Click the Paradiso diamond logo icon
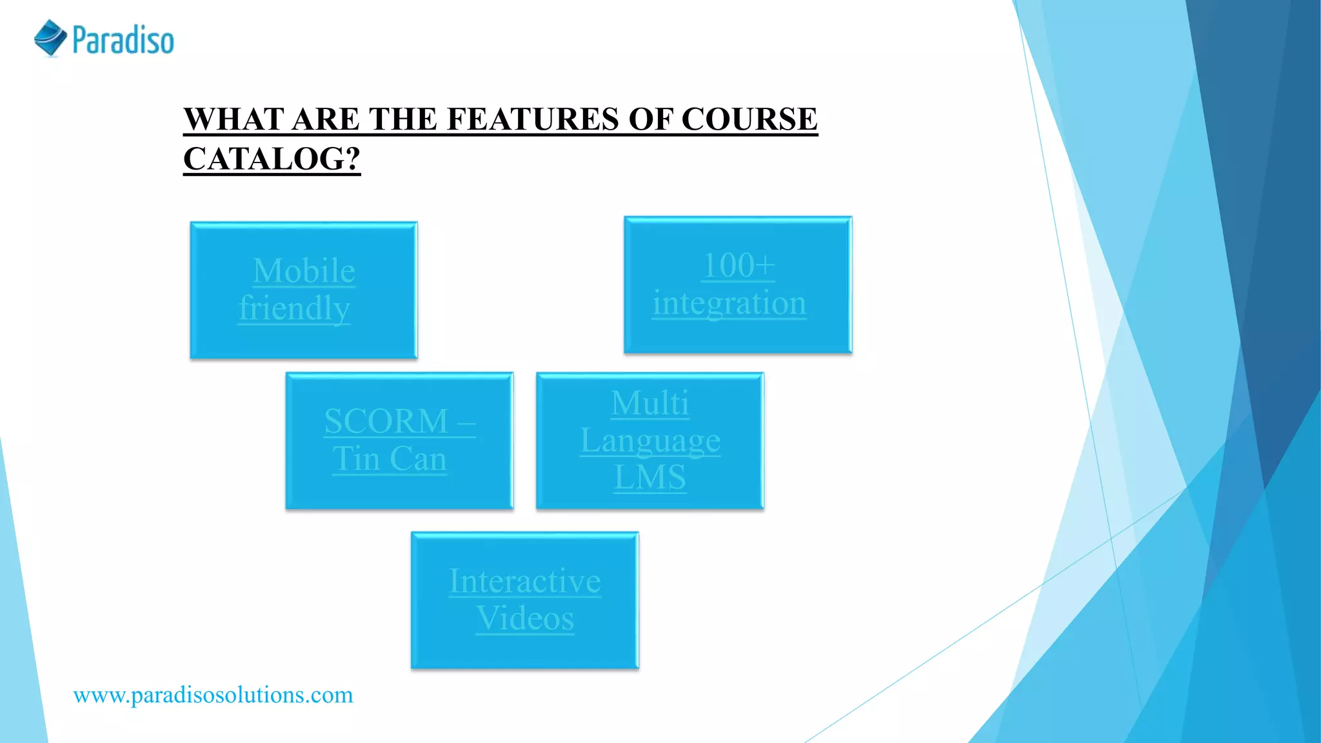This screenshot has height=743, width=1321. click(50, 38)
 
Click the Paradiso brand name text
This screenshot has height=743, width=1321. click(123, 40)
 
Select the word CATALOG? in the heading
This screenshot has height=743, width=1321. click(272, 159)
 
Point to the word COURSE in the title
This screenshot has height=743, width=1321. click(749, 119)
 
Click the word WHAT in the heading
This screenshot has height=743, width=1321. click(233, 119)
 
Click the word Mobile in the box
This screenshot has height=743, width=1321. click(304, 270)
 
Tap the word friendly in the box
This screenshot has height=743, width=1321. click(294, 308)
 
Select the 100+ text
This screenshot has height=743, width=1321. click(738, 265)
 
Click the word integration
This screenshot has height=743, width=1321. click(729, 302)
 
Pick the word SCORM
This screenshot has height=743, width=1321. click(386, 421)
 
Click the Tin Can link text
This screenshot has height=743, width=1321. click(390, 459)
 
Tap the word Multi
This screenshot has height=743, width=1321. click(650, 403)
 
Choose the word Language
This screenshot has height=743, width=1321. click(650, 441)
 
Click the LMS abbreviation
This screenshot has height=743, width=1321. click(650, 477)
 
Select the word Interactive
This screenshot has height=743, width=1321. click(525, 581)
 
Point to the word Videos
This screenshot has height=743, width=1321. click(525, 619)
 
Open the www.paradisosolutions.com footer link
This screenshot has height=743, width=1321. click(213, 695)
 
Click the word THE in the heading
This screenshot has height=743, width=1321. click(400, 119)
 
